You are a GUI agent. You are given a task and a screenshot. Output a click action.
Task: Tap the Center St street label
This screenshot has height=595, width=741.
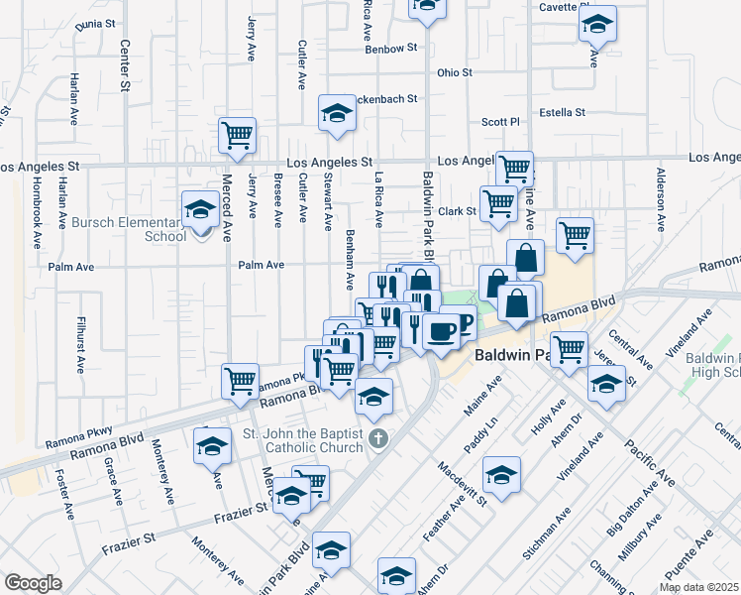point(125,64)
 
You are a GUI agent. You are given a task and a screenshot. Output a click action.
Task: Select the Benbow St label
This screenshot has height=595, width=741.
point(391,48)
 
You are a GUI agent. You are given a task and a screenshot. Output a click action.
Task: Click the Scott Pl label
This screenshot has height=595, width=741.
point(500,122)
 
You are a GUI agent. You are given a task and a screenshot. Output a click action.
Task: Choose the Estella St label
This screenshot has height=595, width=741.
point(563,113)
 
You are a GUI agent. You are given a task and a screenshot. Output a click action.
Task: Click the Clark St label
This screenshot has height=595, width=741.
point(458,211)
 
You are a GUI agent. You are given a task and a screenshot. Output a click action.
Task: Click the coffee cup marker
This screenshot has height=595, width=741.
point(442,328)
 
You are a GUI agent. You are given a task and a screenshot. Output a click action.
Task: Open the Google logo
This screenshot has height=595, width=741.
point(33,583)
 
